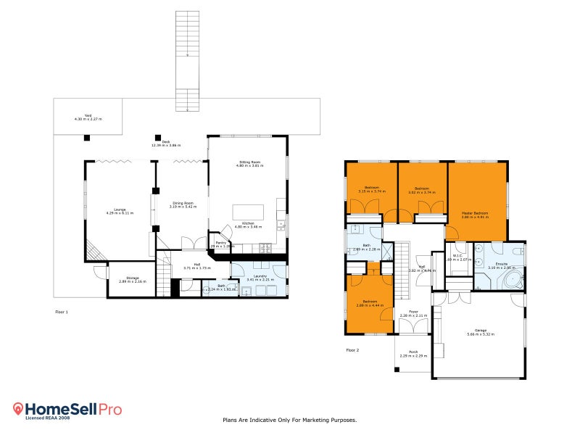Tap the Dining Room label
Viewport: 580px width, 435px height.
(182, 204)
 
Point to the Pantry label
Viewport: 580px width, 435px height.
(220, 242)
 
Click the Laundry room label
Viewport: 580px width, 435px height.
(258, 275)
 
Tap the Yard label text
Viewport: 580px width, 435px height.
(88, 116)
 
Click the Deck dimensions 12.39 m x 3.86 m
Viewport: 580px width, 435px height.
(165, 145)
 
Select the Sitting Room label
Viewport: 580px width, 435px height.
(249, 162)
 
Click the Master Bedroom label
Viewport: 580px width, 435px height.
(475, 213)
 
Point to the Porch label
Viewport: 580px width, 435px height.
(413, 352)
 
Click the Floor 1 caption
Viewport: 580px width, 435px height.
(62, 311)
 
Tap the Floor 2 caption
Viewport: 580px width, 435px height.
(352, 349)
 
